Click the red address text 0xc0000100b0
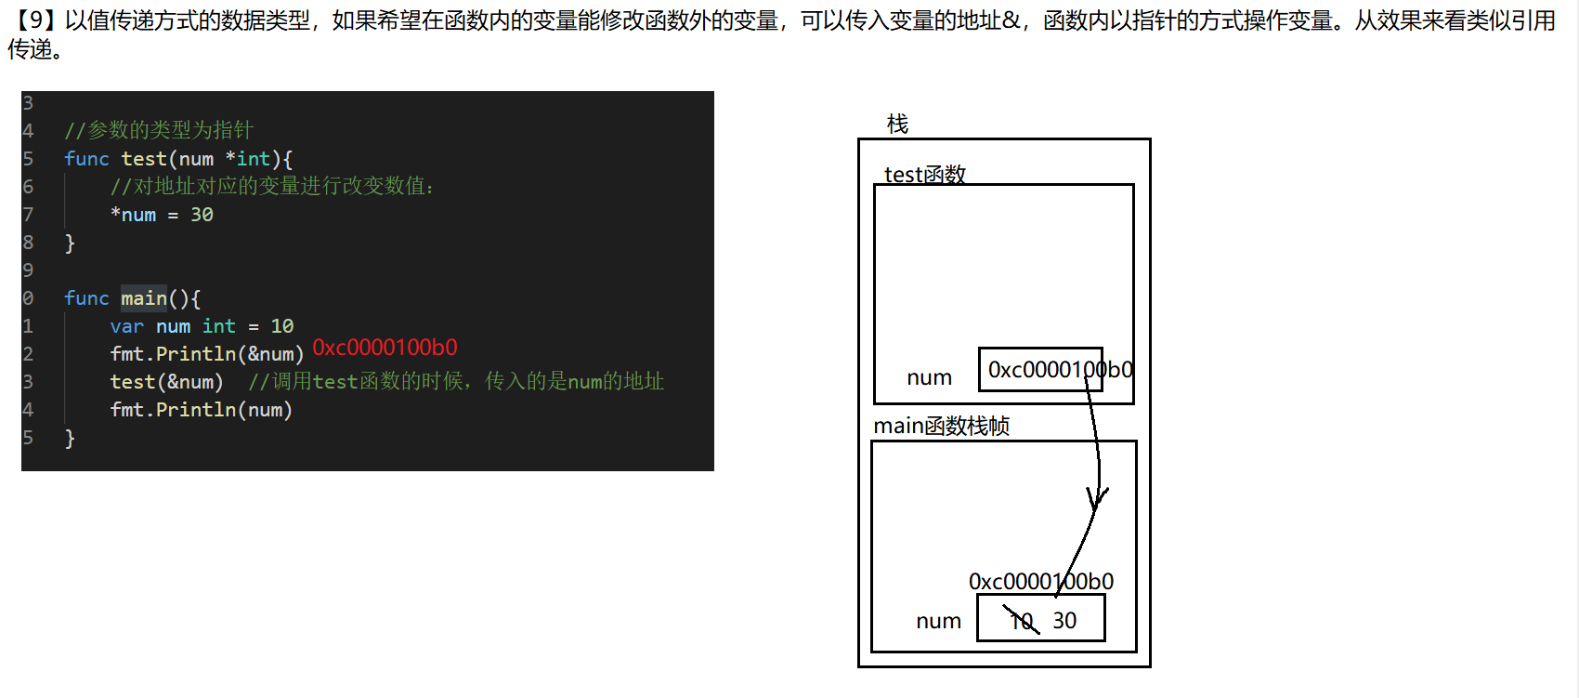coord(385,348)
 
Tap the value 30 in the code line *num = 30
coord(202,215)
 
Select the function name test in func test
coord(144,159)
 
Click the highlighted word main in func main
coord(144,298)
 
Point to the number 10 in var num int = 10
coord(282,326)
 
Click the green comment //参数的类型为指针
coord(159,130)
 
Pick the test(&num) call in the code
coord(166,382)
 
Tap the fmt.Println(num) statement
coord(201,410)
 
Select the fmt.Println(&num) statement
coord(206,354)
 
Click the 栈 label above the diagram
coord(897,124)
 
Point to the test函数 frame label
coord(925,174)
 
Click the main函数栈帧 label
coord(941,426)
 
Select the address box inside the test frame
coord(1040,370)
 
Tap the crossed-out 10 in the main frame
coord(1022,620)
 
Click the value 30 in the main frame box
coord(1064,620)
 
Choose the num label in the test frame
coord(929,377)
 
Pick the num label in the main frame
coord(938,621)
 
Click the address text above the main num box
coord(1040,582)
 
